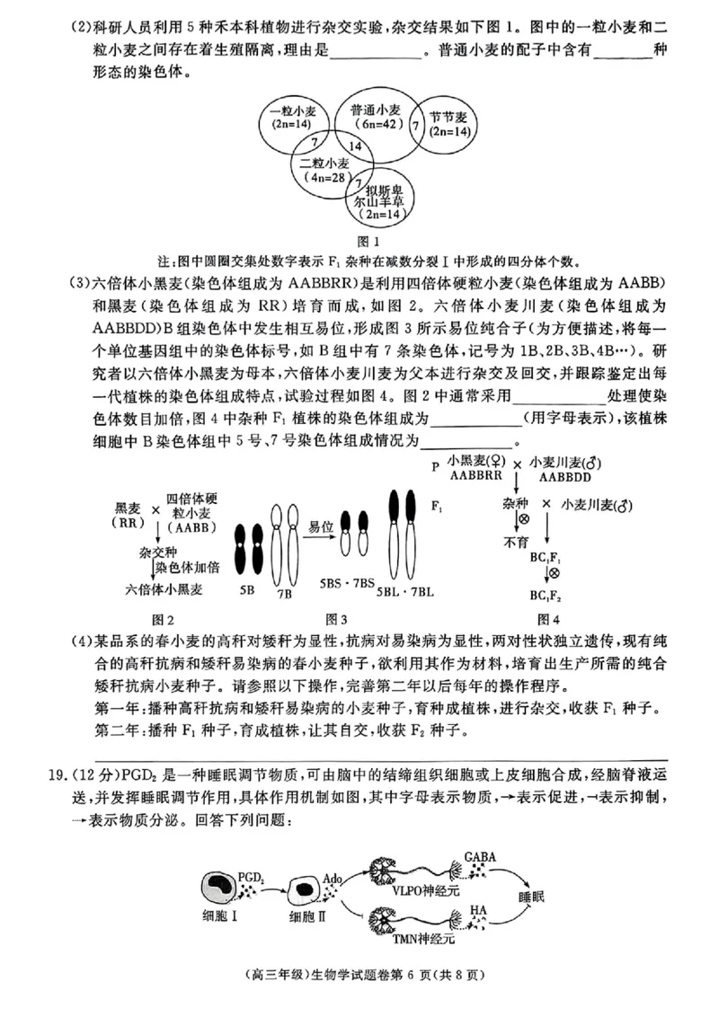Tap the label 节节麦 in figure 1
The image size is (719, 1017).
point(447,117)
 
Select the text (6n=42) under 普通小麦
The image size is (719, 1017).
point(376,125)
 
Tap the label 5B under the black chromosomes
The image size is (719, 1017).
point(247,591)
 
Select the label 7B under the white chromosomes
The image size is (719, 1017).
point(284,593)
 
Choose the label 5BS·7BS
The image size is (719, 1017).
point(347,583)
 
